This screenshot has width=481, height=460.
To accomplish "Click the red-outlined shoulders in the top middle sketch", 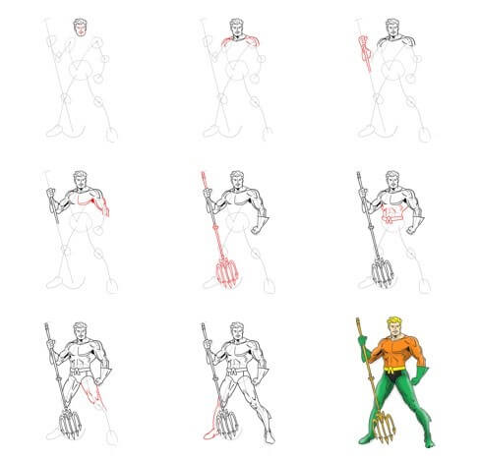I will pyautogui.click(x=236, y=42).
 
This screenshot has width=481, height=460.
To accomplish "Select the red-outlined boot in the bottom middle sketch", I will pyautogui.click(x=210, y=433).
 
